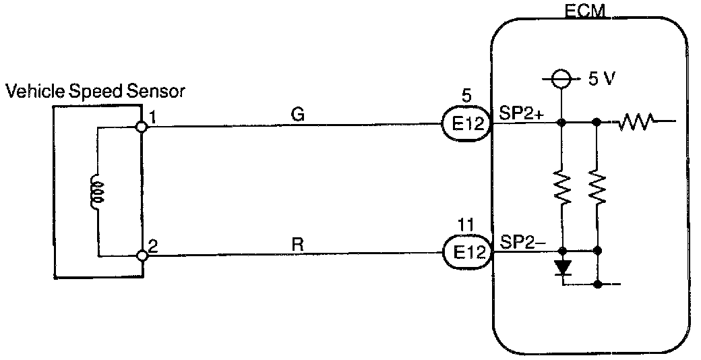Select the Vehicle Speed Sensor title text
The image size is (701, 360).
point(94,92)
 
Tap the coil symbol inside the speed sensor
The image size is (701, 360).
point(98,191)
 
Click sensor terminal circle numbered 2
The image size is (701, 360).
point(142,256)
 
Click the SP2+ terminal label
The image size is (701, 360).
point(520,113)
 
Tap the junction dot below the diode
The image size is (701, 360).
point(598,284)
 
